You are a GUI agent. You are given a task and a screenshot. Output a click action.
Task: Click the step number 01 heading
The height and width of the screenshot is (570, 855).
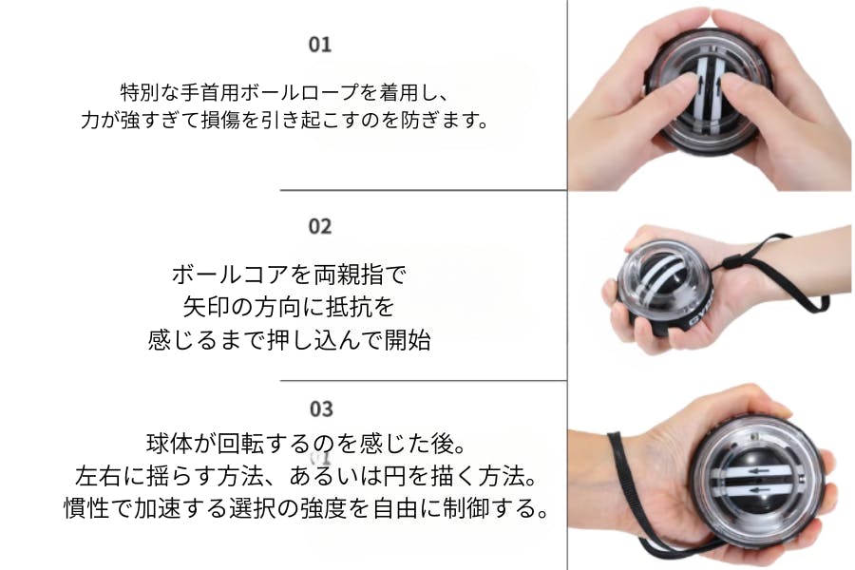click(320, 45)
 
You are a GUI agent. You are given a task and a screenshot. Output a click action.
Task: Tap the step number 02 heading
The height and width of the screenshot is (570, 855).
click(320, 226)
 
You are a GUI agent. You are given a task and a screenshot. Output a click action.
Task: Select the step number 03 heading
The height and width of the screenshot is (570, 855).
click(321, 409)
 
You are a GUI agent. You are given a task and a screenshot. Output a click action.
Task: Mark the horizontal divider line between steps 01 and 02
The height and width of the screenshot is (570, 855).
click(424, 190)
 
